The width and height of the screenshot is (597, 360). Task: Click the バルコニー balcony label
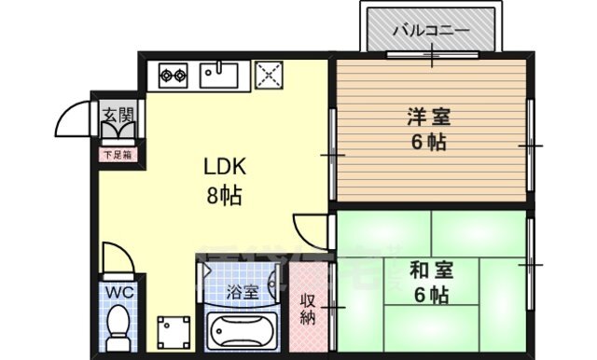click(x=430, y=30)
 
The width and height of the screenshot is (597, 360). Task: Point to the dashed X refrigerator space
click(x=269, y=75)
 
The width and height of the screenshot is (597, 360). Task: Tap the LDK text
click(x=224, y=168)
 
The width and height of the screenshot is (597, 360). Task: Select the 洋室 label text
click(x=427, y=117)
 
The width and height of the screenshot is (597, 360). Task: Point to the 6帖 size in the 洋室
click(x=427, y=143)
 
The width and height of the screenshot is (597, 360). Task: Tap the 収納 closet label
click(x=307, y=309)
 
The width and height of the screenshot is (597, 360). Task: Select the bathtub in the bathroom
click(x=241, y=331)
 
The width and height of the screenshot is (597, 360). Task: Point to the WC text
click(x=118, y=292)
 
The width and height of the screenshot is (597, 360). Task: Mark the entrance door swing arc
click(x=73, y=119)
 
